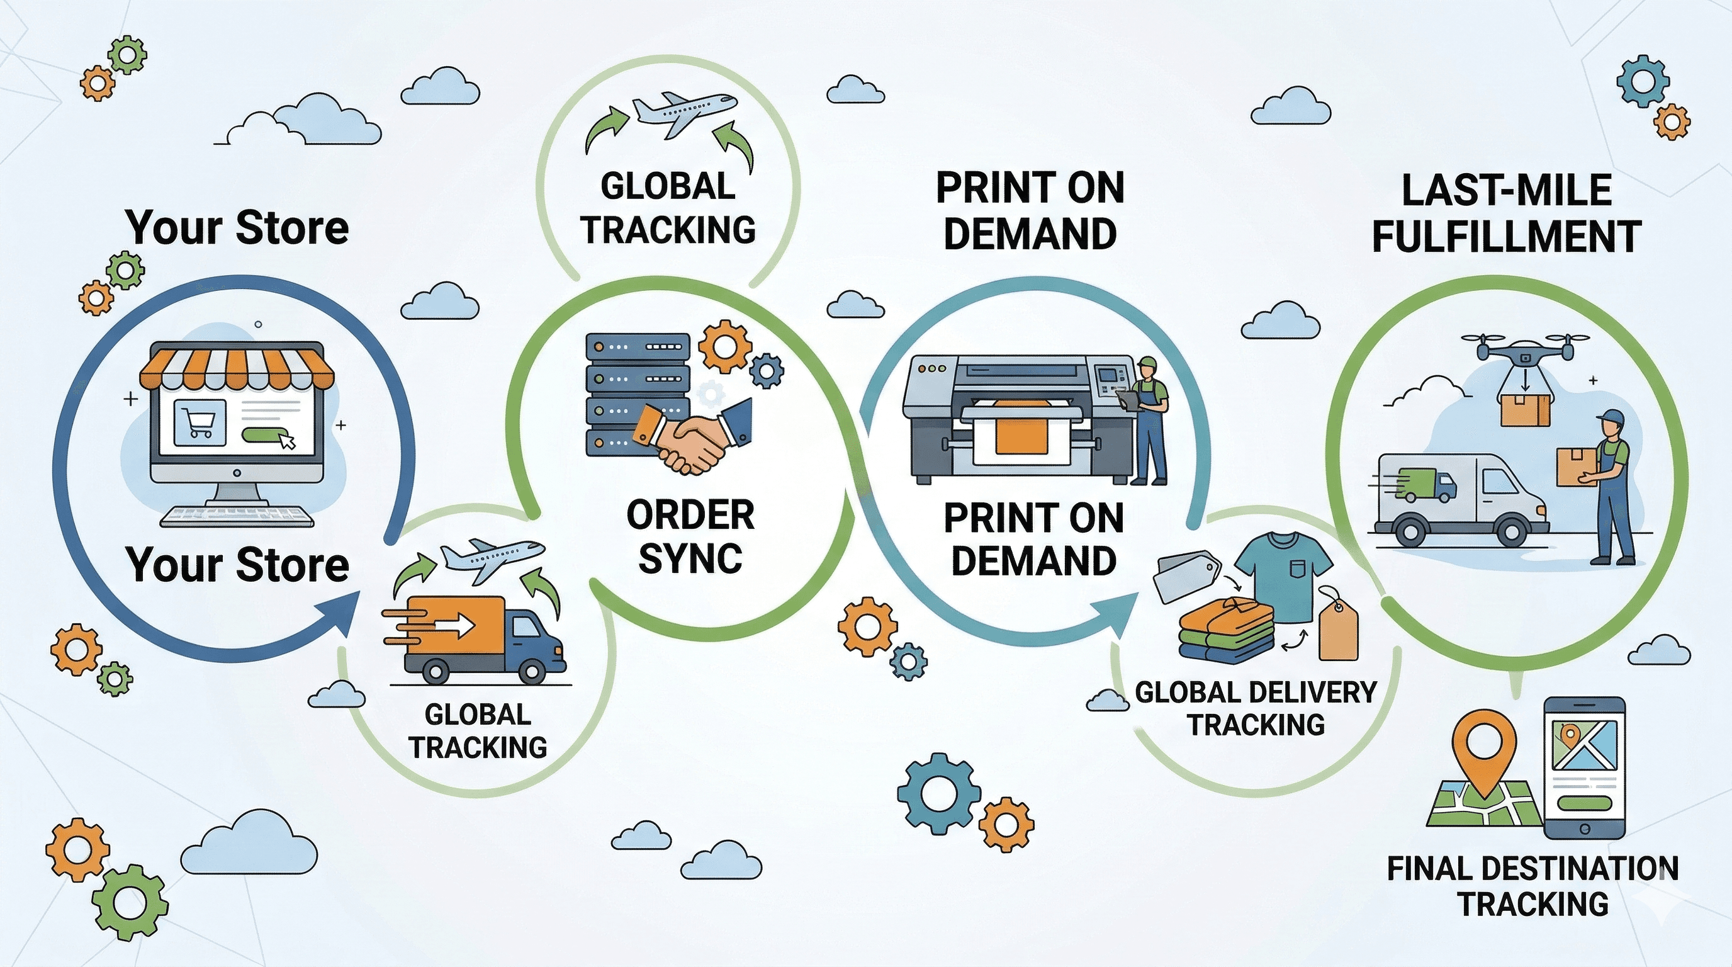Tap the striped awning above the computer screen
click(x=236, y=368)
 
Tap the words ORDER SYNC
click(x=690, y=536)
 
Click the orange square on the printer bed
click(x=1021, y=436)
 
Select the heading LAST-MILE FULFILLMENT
click(x=1506, y=214)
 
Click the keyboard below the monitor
click(x=237, y=516)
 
